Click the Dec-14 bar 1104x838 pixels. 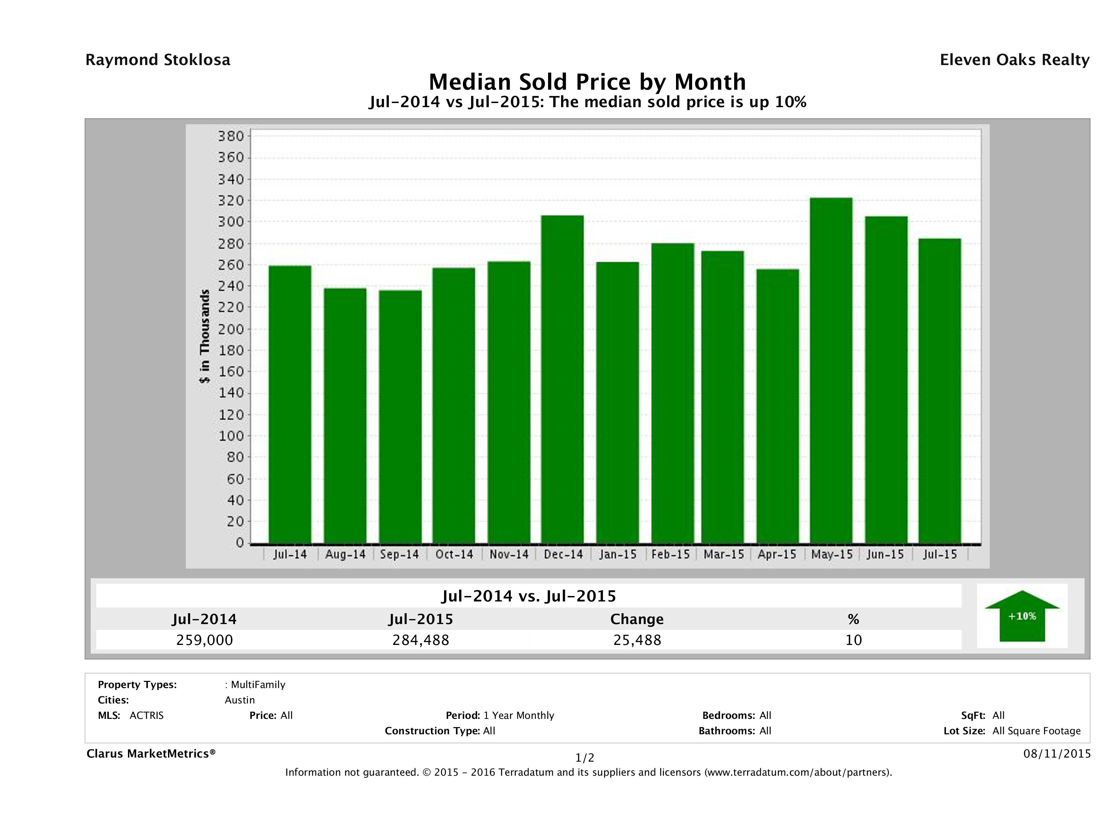[562, 380]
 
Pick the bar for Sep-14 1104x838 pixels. [400, 417]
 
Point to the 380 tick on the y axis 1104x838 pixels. [230, 136]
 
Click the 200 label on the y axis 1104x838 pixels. [230, 329]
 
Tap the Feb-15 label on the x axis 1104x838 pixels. [670, 554]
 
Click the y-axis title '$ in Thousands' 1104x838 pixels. [205, 336]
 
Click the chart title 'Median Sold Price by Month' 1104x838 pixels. [587, 82]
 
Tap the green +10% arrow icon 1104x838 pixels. [1022, 616]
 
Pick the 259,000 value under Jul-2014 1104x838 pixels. [205, 640]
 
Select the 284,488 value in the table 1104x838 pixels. [421, 640]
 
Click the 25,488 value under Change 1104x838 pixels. [637, 640]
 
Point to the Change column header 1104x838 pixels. [637, 619]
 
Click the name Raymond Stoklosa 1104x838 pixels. [158, 60]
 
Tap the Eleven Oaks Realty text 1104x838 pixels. [1014, 60]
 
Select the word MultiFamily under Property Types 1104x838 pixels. [258, 685]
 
